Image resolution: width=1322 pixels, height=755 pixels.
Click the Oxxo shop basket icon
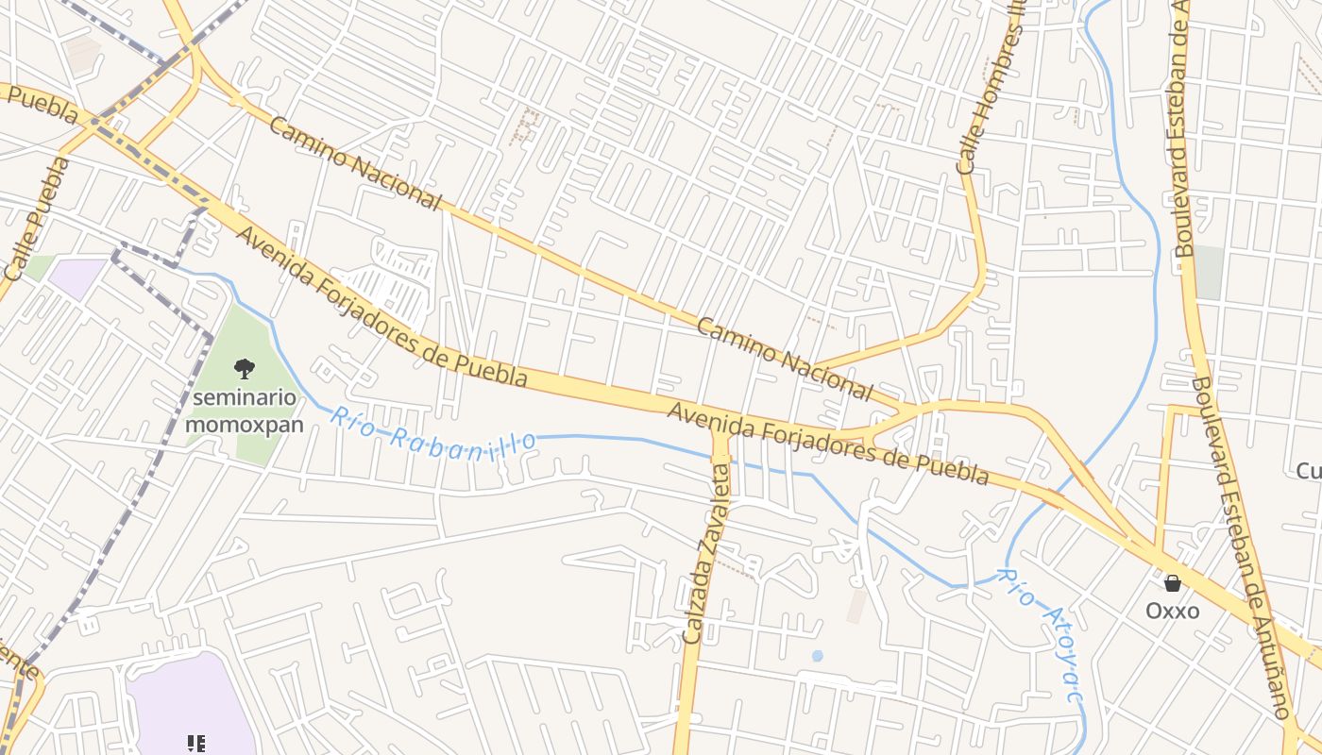(x=1173, y=583)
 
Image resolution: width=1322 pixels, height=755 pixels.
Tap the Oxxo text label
(x=1173, y=611)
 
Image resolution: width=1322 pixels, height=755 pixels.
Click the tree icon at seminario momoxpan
(x=244, y=368)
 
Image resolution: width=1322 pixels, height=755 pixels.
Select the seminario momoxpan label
(x=245, y=411)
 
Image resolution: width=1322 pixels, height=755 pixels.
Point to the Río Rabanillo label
(x=433, y=432)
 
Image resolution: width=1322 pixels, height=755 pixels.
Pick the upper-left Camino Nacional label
(x=355, y=163)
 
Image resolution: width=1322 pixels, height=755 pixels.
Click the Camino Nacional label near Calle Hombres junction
(x=784, y=359)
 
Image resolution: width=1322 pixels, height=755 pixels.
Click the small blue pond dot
(x=817, y=655)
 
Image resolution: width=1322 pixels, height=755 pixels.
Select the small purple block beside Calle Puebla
(x=77, y=276)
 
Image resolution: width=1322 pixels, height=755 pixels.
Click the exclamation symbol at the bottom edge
(x=196, y=744)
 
